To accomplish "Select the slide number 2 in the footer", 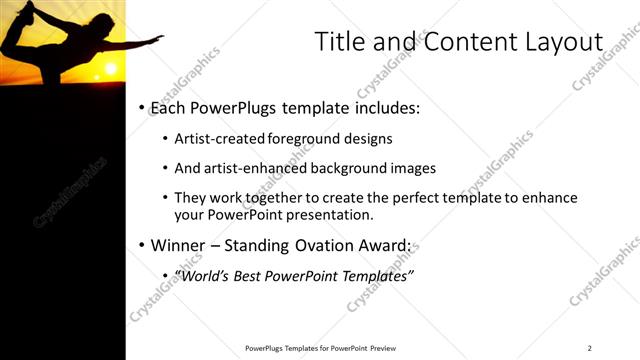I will (x=590, y=347).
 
